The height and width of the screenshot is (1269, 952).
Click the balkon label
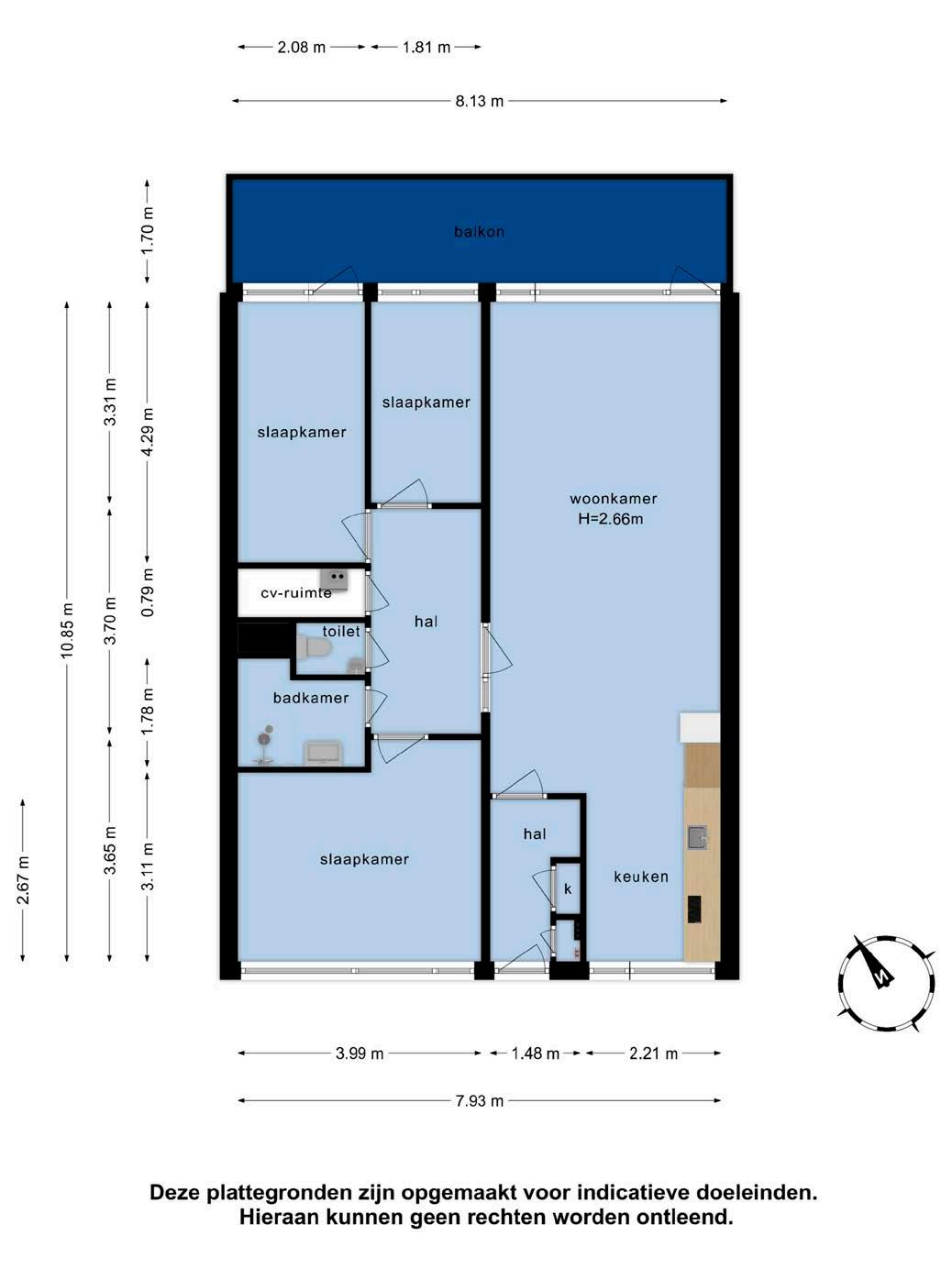tap(479, 232)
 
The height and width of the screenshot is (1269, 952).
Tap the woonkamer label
tap(614, 499)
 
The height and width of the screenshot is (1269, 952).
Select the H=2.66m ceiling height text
tap(611, 519)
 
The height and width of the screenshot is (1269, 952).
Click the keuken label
tap(641, 877)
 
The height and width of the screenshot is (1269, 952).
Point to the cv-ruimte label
tap(296, 592)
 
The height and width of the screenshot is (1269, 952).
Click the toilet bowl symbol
tap(312, 647)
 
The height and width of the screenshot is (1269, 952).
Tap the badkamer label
tap(311, 698)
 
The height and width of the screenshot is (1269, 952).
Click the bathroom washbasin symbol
tap(323, 754)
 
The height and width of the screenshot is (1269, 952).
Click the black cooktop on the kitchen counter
tap(694, 910)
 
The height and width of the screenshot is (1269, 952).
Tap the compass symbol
tap(887, 983)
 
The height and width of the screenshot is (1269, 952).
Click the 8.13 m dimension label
tap(479, 101)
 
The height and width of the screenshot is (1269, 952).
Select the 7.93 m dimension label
tap(479, 1101)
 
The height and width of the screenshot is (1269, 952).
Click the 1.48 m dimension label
tap(536, 1054)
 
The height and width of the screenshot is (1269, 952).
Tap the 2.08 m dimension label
tap(301, 48)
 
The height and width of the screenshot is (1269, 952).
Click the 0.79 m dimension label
tap(148, 591)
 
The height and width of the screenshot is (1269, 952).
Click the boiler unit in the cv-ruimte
tap(335, 579)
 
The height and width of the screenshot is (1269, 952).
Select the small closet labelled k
tap(568, 888)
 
